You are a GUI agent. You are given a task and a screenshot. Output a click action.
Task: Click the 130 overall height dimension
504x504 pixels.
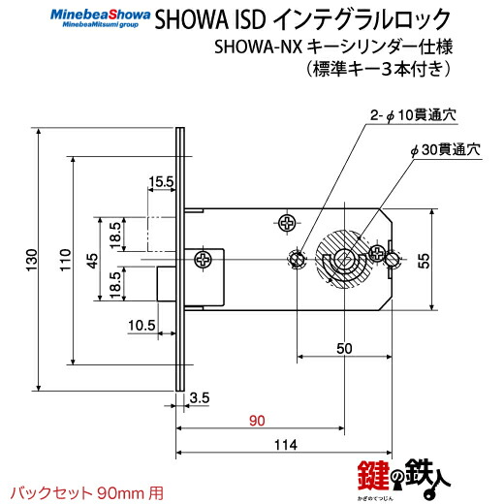[30, 259]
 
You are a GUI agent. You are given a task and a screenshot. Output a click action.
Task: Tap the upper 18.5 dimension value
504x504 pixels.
[115, 234]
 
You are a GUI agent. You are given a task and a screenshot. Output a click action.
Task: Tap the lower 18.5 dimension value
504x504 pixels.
[115, 284]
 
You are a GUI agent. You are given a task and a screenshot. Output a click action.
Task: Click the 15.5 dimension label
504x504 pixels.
[160, 180]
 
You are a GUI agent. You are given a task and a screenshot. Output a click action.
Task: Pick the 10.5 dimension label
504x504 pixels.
[142, 325]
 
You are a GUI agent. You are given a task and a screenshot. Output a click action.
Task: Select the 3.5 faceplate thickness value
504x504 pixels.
[200, 397]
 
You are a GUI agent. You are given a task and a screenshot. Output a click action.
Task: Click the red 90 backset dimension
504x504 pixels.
[256, 421]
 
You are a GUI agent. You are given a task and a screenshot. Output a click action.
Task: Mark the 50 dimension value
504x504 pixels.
[344, 347]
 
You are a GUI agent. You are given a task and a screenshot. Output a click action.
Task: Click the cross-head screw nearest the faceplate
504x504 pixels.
[205, 260]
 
